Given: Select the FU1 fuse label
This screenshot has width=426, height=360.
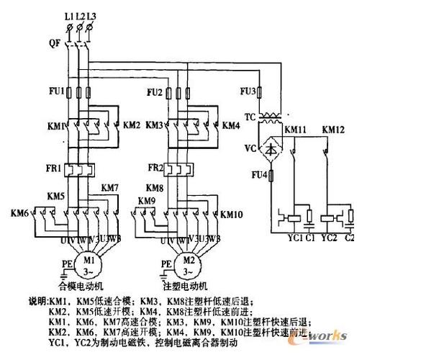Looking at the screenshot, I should [56, 92].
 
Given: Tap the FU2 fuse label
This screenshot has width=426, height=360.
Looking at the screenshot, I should [154, 92].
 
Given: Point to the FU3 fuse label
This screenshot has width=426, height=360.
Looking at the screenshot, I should [248, 92].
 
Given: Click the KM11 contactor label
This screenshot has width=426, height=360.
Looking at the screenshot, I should [296, 130].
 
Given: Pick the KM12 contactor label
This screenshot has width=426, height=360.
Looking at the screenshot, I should [333, 130].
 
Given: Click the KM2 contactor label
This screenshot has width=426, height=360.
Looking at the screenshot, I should [132, 125].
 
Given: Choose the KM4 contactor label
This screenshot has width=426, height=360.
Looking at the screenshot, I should [231, 125].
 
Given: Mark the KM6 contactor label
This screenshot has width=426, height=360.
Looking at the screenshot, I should [19, 213].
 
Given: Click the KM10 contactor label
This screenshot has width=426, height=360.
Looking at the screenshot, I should [232, 214].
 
